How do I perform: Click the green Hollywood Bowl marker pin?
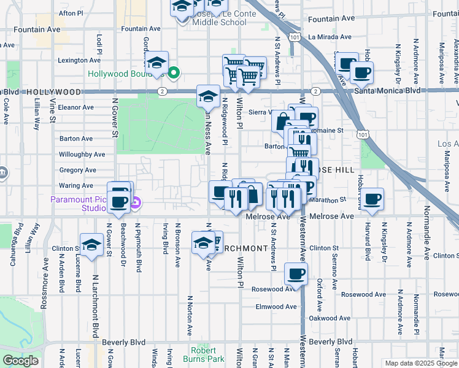174,74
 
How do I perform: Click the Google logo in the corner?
21,361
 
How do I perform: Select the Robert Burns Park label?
206,355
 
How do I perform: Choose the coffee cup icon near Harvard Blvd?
372,199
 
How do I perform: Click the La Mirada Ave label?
331,37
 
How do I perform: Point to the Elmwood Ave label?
277,307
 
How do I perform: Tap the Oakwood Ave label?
331,318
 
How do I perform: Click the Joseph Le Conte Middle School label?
220,17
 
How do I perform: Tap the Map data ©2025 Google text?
421,363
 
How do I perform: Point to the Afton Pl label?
71,13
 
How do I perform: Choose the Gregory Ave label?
77,170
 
